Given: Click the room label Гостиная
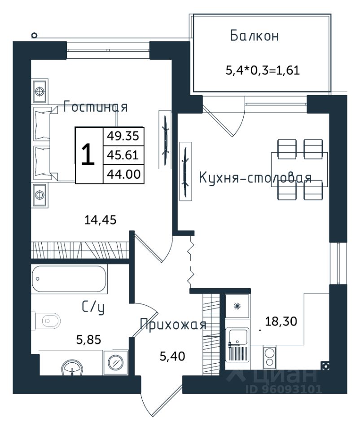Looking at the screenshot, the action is (x=95, y=107).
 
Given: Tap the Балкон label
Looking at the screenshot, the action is (x=254, y=36).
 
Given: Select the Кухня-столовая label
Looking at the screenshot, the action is (x=255, y=178).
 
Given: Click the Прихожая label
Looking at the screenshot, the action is (x=173, y=324).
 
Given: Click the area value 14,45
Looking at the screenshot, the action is (x=100, y=220).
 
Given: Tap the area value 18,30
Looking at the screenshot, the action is (x=281, y=321).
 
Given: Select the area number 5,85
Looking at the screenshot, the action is (x=88, y=340).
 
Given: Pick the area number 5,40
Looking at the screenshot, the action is (x=172, y=356).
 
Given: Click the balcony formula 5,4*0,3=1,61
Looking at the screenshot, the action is (x=263, y=70).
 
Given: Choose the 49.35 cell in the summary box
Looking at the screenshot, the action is (x=123, y=136).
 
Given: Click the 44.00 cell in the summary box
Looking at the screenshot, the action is (x=123, y=174).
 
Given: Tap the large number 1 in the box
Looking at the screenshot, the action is (x=88, y=155).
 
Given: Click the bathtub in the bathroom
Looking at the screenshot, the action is (x=69, y=279).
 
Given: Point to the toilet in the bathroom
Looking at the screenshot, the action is (x=46, y=321).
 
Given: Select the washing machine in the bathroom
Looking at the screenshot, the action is (x=116, y=363).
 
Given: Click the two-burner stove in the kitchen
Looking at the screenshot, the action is (x=269, y=357).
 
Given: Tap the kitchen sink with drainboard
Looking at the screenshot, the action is (x=237, y=345).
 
